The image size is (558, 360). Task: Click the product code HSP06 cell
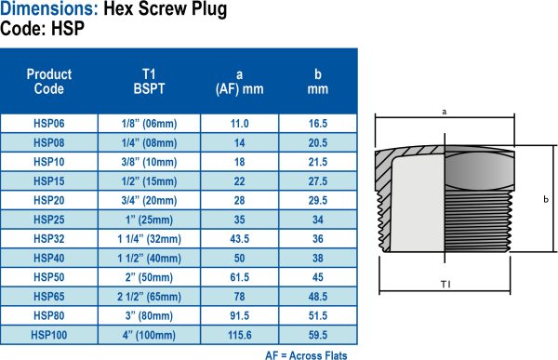(x=49, y=123)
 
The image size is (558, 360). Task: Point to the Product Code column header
(x=49, y=81)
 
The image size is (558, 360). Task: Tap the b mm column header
(x=318, y=81)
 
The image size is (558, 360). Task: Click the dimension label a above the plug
(x=445, y=111)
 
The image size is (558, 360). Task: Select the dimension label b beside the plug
(x=546, y=199)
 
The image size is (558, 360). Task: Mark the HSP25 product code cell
(x=49, y=219)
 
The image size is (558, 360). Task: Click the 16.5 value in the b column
(x=318, y=123)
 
